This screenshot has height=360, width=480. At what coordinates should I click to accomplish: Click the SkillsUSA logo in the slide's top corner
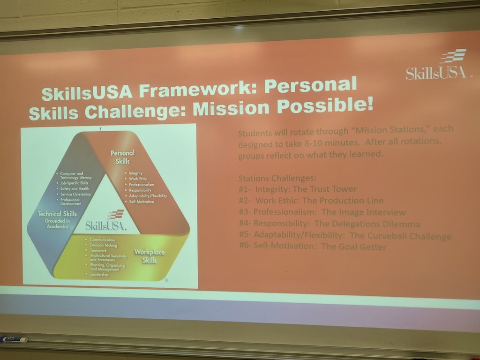[437, 65]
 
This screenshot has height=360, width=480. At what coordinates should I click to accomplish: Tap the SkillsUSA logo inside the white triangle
[106, 221]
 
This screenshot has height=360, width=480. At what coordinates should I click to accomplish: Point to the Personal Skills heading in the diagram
[122, 157]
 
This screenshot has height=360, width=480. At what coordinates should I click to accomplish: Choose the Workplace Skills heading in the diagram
[150, 255]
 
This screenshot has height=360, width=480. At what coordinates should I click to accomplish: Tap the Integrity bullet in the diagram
[135, 173]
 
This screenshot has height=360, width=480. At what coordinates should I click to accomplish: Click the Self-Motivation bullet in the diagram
[142, 202]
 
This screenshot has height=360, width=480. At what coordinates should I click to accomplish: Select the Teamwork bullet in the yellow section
[98, 250]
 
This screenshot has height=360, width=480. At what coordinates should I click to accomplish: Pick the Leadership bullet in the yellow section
[99, 274]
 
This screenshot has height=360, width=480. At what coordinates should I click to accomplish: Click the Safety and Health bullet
[74, 188]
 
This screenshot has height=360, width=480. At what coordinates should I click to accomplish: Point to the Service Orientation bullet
[75, 194]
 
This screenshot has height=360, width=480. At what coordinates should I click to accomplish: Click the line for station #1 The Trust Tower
[297, 189]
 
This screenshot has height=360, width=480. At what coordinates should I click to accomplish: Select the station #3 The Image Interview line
[322, 212]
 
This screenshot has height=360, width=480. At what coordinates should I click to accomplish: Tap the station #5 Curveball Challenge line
[345, 235]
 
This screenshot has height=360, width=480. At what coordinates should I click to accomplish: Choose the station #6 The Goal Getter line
[313, 246]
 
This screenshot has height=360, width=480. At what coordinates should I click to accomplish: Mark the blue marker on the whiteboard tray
[14, 339]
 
